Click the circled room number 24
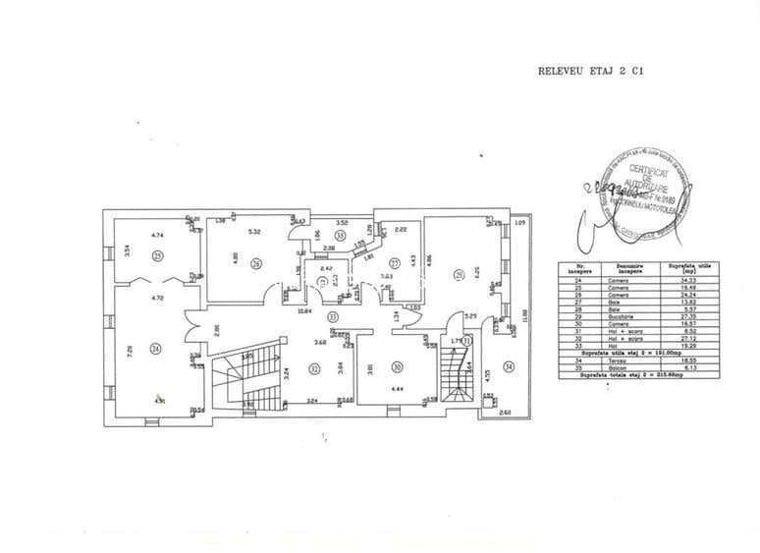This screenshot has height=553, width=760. click(155, 347)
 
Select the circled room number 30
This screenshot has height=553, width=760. click(397, 365)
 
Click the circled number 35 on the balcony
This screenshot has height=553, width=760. click(340, 236)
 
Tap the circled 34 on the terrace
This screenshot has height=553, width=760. click(508, 366)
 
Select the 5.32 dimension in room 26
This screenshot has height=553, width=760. click(253, 232)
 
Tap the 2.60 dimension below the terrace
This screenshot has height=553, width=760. click(505, 414)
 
